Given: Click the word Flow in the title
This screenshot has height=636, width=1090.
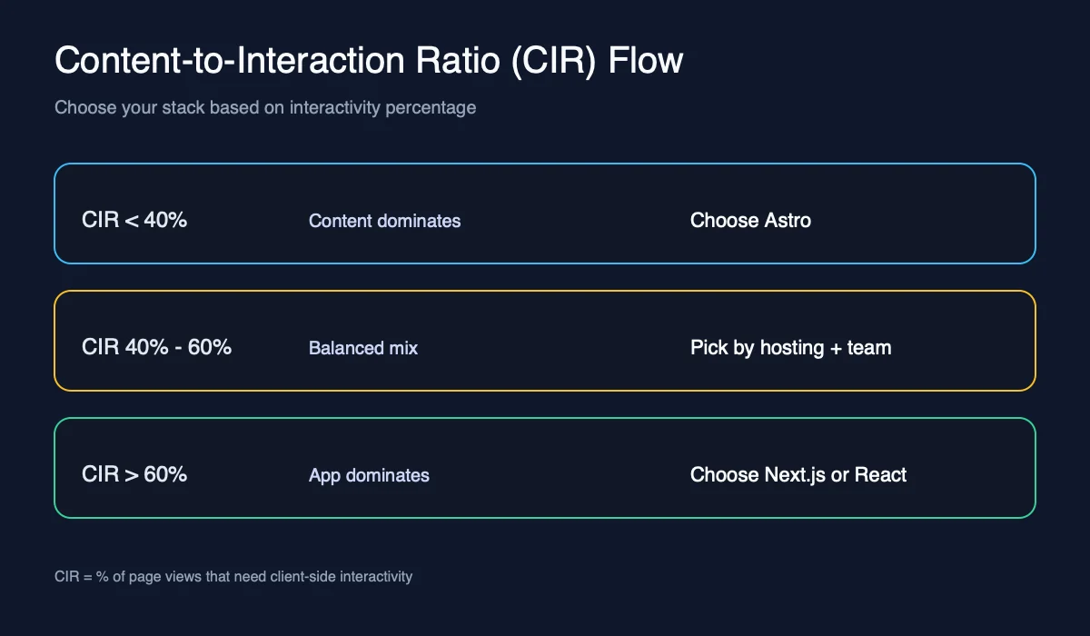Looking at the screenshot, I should point(646,61).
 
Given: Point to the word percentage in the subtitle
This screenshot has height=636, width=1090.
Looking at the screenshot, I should point(431,107).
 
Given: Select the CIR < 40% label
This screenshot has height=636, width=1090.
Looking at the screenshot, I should point(134,220).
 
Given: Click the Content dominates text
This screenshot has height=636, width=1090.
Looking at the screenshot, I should point(384,221).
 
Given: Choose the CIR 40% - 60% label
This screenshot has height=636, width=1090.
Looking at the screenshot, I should point(156,347).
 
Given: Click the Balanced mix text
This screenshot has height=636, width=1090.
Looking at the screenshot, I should point(363,348).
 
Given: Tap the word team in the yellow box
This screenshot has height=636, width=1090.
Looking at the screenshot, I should point(869,347).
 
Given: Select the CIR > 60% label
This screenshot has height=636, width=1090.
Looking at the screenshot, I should point(134,474).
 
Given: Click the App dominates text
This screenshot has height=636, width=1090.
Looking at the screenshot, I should point(369,475).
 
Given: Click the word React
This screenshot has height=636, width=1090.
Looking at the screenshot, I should point(881,474).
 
